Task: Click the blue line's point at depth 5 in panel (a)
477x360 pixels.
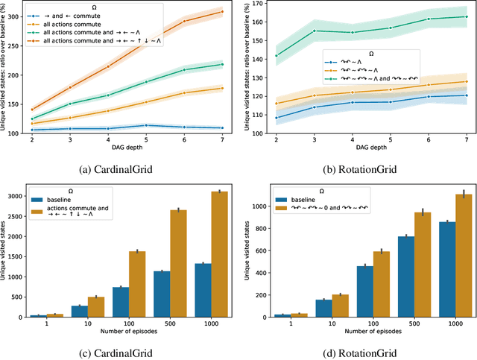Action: click(146, 124)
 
